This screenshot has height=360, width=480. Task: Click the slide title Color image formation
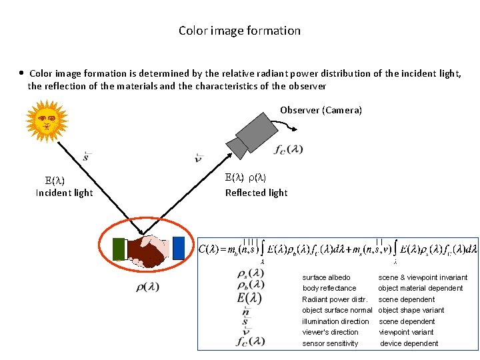[239, 31]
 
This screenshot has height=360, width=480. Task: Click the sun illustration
[46, 121]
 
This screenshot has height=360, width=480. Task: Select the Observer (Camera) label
[321, 110]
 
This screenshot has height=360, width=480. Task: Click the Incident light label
[64, 193]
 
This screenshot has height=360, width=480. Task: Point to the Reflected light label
[256, 193]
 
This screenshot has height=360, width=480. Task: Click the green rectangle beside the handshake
[119, 249]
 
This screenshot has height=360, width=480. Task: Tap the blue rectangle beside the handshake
[178, 247]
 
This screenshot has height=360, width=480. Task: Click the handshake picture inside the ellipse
[149, 251]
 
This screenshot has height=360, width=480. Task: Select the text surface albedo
[326, 277]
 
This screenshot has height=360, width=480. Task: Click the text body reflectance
[329, 288]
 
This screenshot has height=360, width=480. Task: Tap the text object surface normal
[337, 310]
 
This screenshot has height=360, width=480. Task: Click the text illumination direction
[335, 321]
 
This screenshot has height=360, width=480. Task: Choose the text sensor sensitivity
[330, 343]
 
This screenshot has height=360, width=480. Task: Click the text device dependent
[409, 343]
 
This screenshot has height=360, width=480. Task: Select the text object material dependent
[420, 288]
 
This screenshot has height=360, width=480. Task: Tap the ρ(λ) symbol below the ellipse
[147, 287]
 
